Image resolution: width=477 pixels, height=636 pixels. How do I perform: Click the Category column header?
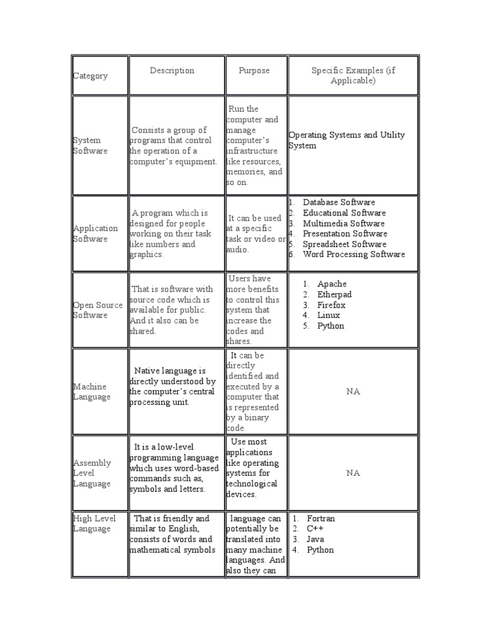tap(90, 76)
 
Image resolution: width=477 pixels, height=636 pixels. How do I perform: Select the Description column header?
tap(172, 71)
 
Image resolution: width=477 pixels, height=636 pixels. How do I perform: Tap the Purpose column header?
tap(254, 71)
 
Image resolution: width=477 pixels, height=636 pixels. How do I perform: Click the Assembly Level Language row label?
tap(92, 473)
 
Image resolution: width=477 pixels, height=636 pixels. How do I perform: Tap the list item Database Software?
tap(338, 202)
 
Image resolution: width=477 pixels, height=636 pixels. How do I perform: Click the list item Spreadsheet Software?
tap(345, 244)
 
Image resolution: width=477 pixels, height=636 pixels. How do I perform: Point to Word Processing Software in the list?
tap(353, 254)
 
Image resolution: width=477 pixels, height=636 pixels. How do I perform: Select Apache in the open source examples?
tap(332, 284)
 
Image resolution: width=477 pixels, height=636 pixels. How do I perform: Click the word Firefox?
tap(331, 305)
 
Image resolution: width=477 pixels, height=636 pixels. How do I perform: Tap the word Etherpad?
tap(334, 295)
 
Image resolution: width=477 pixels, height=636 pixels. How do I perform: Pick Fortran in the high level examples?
tap(320, 519)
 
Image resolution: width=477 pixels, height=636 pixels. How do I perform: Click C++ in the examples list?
tap(315, 529)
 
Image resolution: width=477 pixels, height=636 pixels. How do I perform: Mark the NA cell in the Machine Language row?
tap(353, 392)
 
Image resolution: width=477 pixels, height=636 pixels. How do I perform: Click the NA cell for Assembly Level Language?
tap(353, 473)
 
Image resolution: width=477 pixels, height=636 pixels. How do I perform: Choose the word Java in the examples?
tap(315, 539)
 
